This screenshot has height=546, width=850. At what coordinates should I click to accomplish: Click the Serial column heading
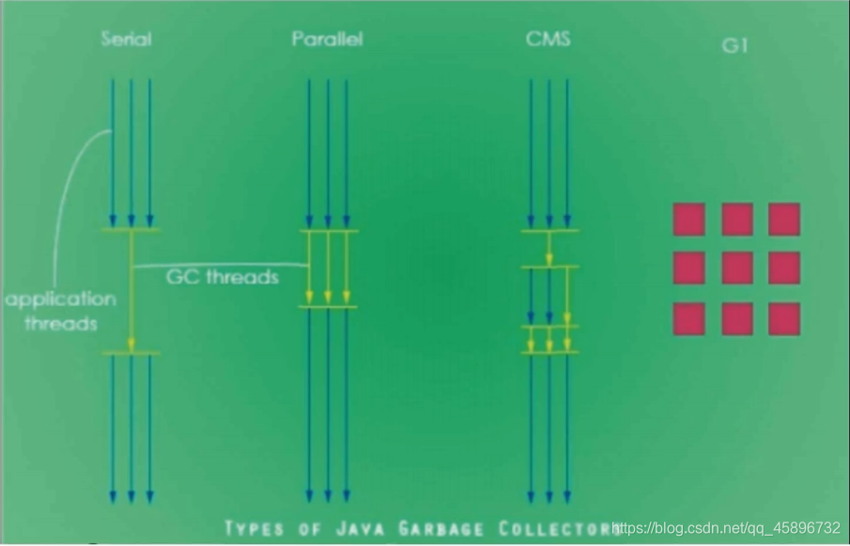(127, 39)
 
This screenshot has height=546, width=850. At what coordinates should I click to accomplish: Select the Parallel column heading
(327, 39)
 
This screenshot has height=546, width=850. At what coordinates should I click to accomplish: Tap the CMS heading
(549, 39)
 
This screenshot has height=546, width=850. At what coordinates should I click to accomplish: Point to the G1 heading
(734, 45)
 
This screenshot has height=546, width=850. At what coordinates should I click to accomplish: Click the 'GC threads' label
(223, 277)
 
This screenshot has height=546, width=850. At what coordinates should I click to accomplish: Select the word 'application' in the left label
(61, 300)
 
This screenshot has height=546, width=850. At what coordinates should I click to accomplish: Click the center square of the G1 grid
(737, 268)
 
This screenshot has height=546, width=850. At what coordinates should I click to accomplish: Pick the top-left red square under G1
(688, 219)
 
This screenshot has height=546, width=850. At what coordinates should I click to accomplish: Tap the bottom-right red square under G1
(784, 319)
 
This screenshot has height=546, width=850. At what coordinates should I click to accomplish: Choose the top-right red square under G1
(784, 219)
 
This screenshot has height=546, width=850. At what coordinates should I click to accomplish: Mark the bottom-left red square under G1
(688, 319)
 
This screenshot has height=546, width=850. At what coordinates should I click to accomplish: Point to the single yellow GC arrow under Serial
(131, 291)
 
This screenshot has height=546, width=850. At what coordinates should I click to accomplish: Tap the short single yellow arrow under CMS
(549, 250)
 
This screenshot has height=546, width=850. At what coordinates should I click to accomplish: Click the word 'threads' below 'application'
(61, 324)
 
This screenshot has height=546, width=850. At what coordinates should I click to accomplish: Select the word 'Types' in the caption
(254, 527)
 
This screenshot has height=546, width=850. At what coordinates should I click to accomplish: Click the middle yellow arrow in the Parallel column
(328, 268)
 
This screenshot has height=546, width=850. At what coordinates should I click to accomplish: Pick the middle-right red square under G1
(784, 268)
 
